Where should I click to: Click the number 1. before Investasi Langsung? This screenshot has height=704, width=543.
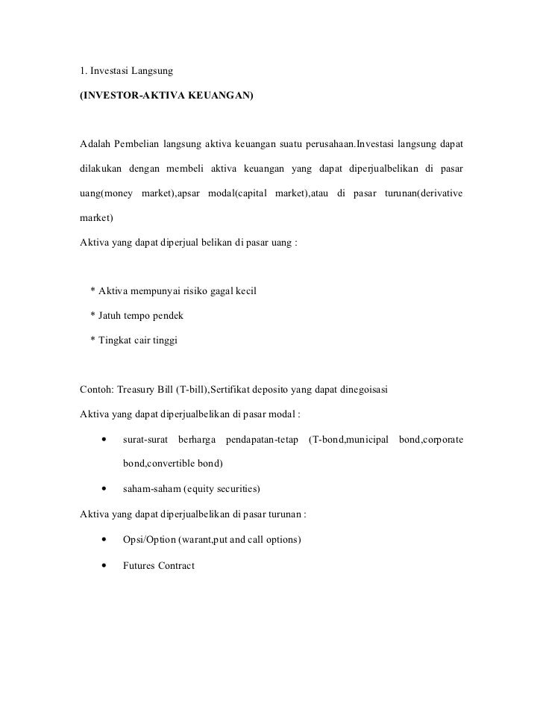click(x=84, y=72)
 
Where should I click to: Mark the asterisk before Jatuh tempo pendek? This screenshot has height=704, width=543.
click(x=92, y=316)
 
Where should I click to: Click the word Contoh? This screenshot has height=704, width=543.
click(x=97, y=390)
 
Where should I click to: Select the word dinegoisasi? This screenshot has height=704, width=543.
click(x=363, y=390)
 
